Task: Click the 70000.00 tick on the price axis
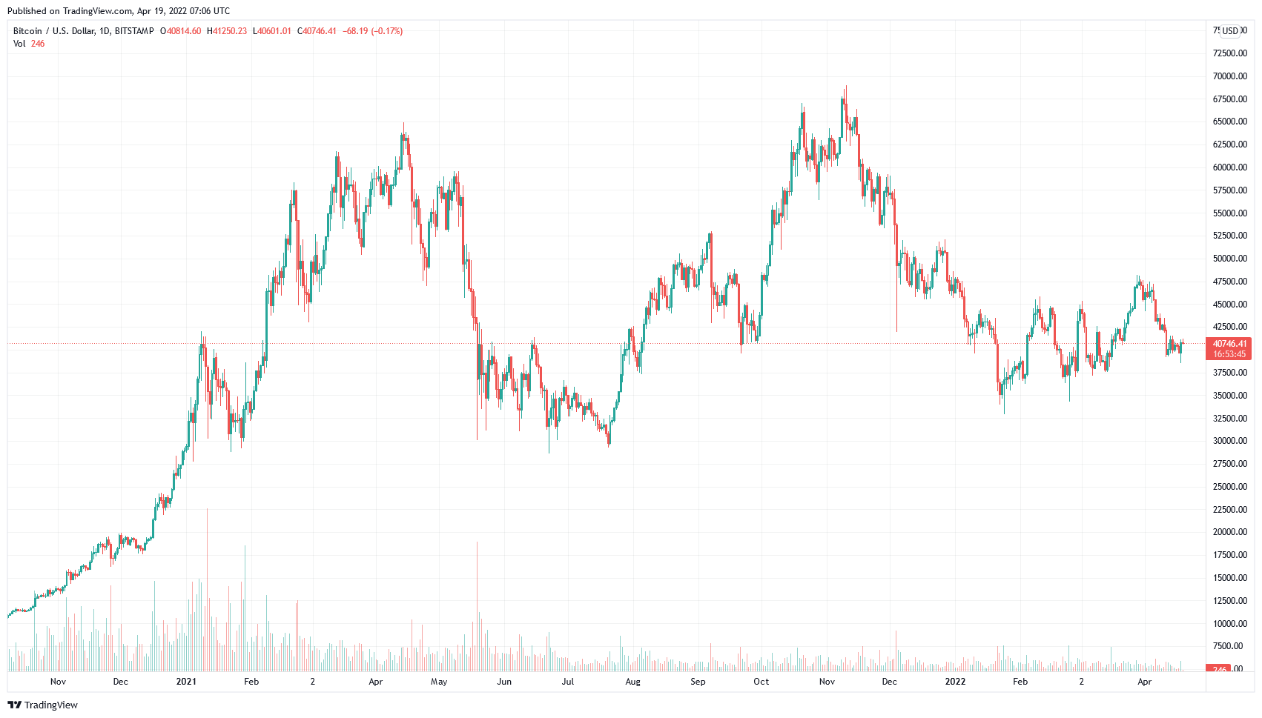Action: coord(1229,76)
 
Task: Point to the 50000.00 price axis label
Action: coord(1229,259)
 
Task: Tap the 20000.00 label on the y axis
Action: coord(1229,532)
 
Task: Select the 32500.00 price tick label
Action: coord(1229,418)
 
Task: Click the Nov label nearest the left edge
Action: coord(58,682)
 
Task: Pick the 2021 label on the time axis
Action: coord(186,682)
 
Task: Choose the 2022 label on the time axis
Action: coord(955,682)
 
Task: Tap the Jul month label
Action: coord(568,682)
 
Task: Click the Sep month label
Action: coord(698,682)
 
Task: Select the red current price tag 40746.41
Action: coord(1229,344)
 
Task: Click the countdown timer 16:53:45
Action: coord(1229,354)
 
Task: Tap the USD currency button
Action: coord(1231,31)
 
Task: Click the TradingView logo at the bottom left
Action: coord(42,705)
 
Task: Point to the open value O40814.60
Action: coord(181,31)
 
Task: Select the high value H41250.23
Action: coord(227,31)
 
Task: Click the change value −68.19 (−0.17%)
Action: coord(373,31)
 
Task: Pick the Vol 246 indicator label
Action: coord(29,44)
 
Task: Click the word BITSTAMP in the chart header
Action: coord(134,31)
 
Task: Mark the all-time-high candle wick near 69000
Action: coord(845,89)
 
